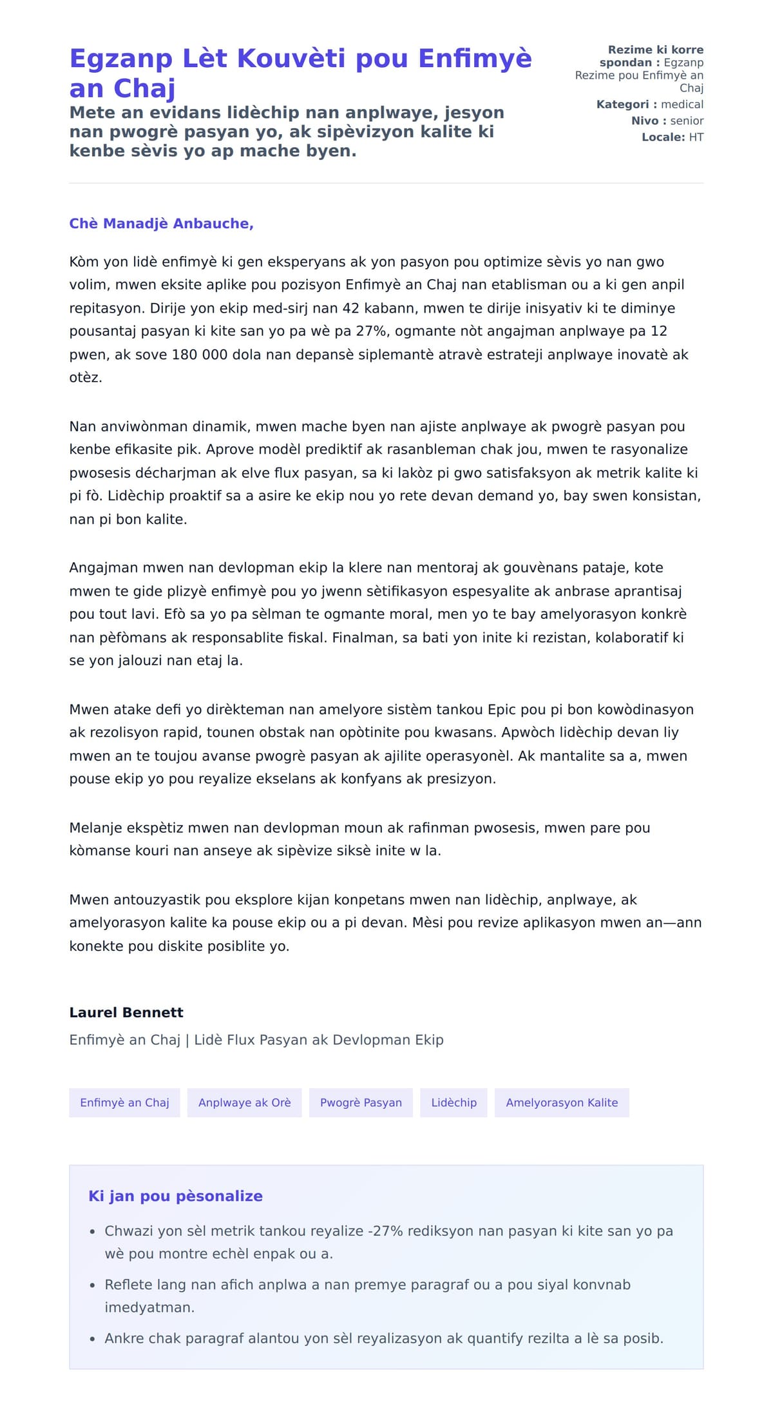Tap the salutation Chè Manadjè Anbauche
point(161,224)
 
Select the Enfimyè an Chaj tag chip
point(124,1102)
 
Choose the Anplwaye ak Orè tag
point(244,1102)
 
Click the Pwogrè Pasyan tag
point(361,1102)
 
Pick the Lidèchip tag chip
point(453,1102)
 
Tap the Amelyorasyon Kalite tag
point(562,1102)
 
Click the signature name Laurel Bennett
point(126,1012)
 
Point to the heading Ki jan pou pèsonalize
point(175,1196)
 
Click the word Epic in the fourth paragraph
point(502,710)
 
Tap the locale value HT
point(696,137)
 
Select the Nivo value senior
point(687,121)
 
